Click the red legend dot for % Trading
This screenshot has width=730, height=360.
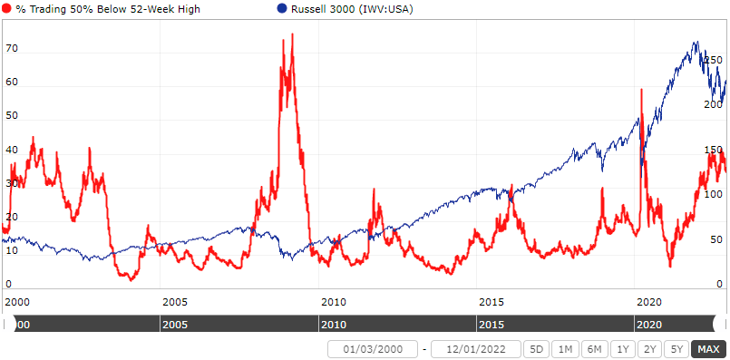click(x=8, y=9)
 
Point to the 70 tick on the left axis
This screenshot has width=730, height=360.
click(x=11, y=49)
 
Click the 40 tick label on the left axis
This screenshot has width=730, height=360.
click(x=11, y=151)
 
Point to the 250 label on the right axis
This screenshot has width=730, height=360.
click(x=713, y=60)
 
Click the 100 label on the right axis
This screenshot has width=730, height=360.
click(x=713, y=194)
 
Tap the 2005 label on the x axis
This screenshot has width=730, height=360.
click(x=174, y=301)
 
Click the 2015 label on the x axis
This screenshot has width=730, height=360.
click(x=491, y=301)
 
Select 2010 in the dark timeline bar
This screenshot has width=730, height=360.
click(x=334, y=324)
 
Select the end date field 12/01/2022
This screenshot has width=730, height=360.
click(x=475, y=349)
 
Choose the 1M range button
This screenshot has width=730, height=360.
click(x=564, y=349)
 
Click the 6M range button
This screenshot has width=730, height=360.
click(x=593, y=349)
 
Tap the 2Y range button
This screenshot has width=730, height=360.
click(x=648, y=349)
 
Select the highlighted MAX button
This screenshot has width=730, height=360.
click(x=707, y=349)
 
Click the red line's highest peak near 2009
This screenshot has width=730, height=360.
click(x=292, y=34)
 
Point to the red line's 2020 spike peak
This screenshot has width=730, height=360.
click(x=641, y=89)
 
